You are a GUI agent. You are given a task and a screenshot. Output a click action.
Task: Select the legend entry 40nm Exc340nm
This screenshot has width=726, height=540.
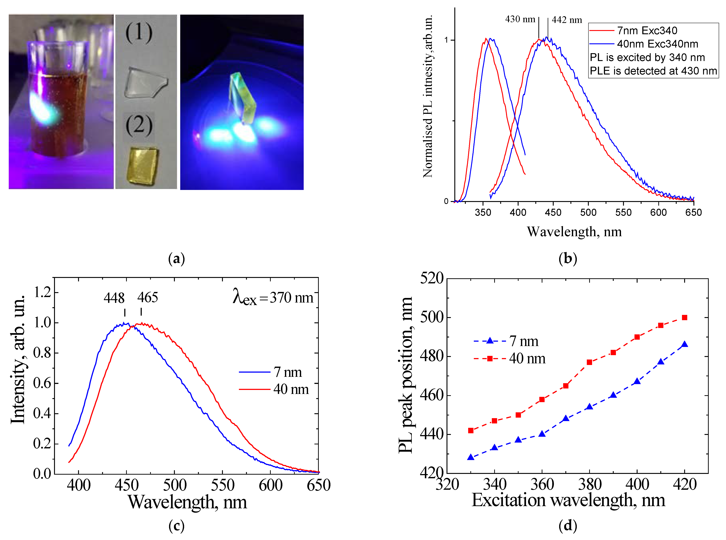[x=657, y=44]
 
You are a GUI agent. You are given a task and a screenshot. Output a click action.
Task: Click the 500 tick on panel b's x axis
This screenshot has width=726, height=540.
[x=588, y=213]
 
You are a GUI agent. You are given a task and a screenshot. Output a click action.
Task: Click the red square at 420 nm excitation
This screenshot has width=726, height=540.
[x=685, y=317]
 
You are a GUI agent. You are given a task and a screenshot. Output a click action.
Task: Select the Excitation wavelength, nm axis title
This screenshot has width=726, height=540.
[x=568, y=500]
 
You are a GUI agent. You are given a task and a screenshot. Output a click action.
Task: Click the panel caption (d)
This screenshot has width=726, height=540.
[x=568, y=526]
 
